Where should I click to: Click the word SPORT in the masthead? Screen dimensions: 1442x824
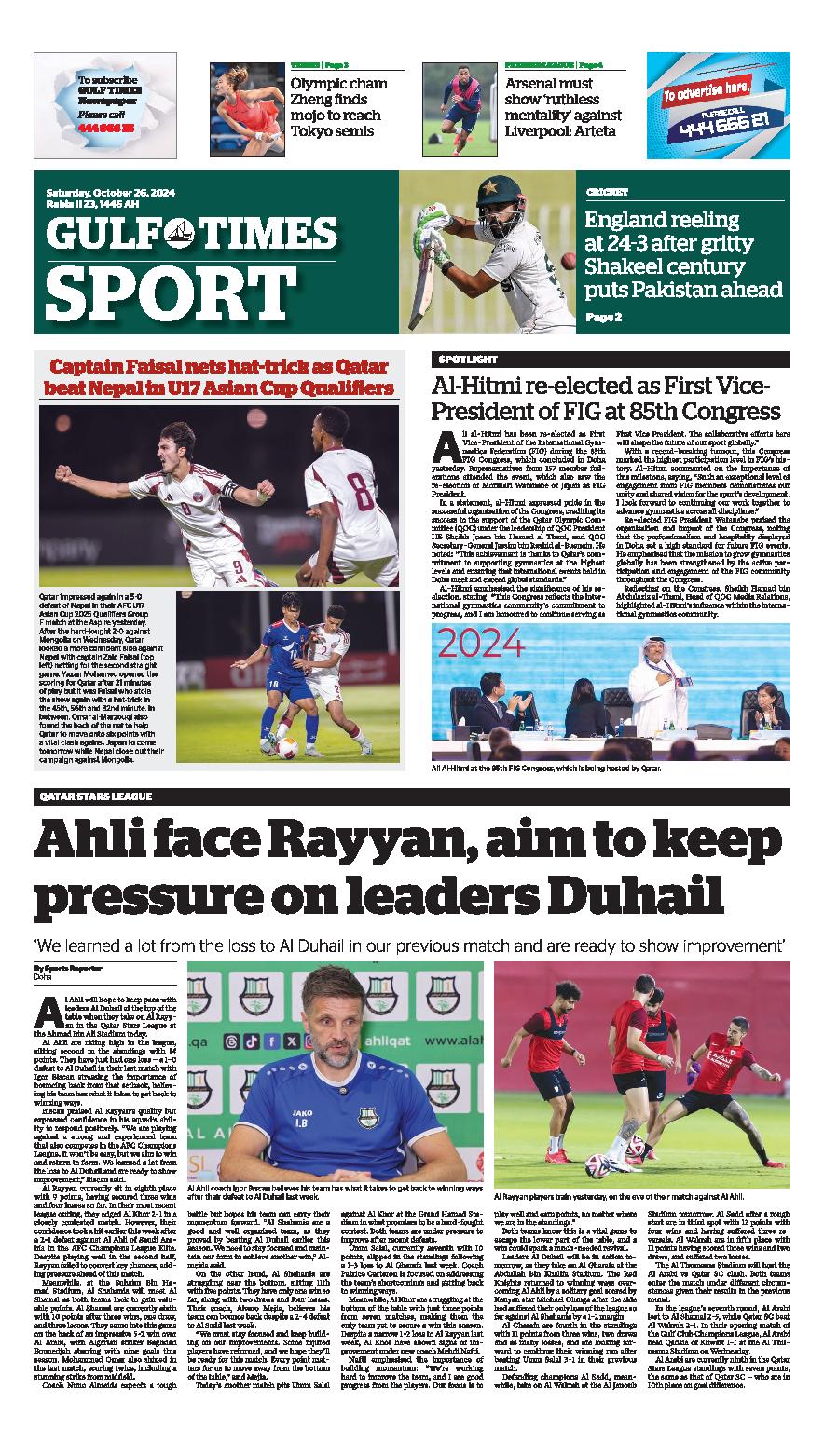tap(158, 292)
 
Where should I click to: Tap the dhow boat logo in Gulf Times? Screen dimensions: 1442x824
tap(185, 232)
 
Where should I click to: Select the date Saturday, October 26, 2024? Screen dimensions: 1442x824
tap(111, 193)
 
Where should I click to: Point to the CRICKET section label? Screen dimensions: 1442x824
tap(608, 192)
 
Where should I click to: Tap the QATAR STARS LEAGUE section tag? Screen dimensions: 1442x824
tap(96, 796)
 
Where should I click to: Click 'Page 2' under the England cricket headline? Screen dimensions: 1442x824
tap(603, 318)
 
